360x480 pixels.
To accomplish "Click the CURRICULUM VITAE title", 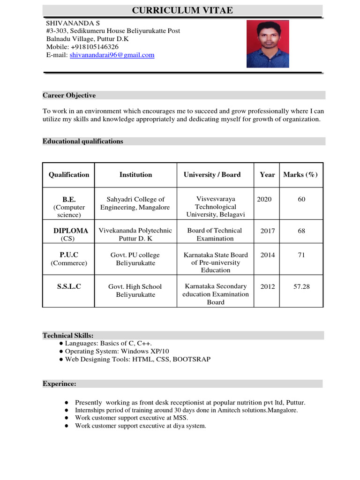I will pos(182,10).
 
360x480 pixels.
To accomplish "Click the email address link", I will pos(112,55).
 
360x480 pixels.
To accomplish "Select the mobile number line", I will pos(82,47).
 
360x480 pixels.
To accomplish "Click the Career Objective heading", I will pos(69,95).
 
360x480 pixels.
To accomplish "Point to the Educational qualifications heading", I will pos(83,141).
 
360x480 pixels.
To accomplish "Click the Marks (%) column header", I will pos(300,174).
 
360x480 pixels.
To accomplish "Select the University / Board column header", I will pos(212,174).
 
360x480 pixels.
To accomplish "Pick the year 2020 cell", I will pos(264,199).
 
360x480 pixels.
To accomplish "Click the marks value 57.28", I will pos(301,286).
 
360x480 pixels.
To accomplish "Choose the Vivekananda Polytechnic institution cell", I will pos(135,234).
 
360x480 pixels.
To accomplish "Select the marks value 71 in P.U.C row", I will pos(301,255).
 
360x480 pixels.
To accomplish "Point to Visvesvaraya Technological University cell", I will pos(216,207).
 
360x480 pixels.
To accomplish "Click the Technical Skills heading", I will pos(68,336).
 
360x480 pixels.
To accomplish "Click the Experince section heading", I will pos(60,383).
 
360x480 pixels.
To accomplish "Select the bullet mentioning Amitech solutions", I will pos(186,410).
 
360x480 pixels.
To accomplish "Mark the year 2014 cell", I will pos(267,255).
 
